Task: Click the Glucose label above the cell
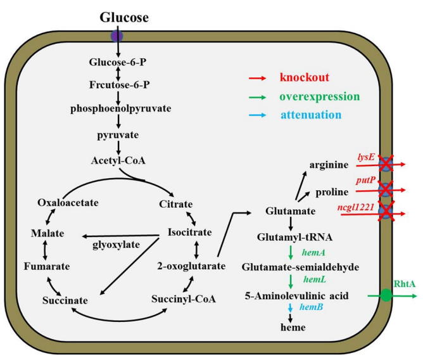(x=124, y=18)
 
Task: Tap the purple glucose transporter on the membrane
(x=117, y=35)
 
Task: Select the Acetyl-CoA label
(x=119, y=160)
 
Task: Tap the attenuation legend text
(x=311, y=115)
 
